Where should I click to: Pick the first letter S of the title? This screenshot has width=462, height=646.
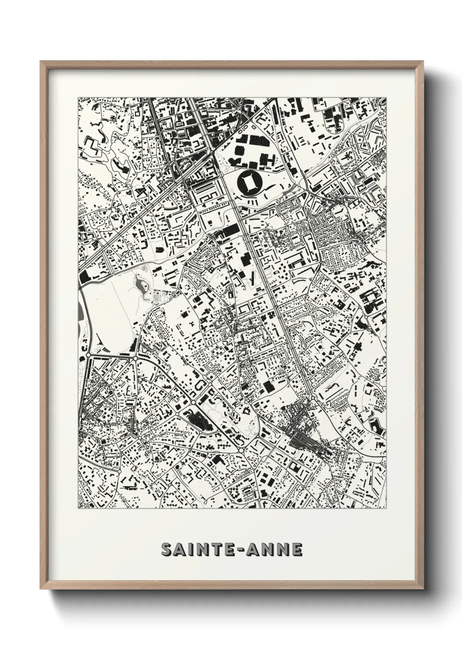166,550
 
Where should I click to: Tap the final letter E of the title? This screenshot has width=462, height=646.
297,550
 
